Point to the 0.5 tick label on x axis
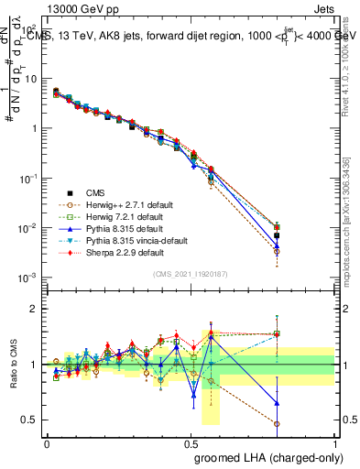point(191,442)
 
